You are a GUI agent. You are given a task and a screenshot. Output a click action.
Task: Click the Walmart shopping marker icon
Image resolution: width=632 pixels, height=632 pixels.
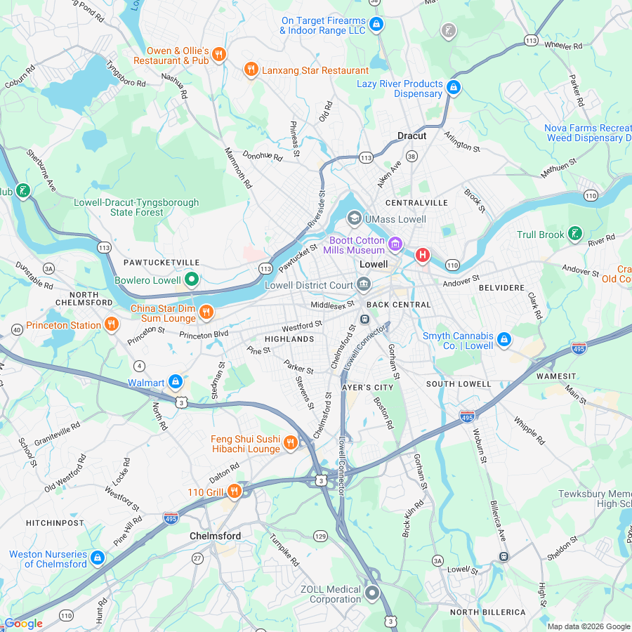176,382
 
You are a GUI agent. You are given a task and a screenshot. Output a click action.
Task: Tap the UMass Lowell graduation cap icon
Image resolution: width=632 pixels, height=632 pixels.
355,218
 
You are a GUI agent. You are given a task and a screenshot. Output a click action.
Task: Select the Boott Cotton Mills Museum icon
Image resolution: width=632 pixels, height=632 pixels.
396,244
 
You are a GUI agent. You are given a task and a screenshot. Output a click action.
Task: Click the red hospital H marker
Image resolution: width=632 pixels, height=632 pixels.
422,255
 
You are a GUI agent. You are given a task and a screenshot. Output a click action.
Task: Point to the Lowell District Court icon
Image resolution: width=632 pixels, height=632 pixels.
364,284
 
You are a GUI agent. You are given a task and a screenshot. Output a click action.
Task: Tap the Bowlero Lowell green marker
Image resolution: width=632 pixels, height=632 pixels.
191,280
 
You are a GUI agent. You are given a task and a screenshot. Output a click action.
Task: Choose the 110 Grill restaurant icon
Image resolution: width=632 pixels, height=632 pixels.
235,492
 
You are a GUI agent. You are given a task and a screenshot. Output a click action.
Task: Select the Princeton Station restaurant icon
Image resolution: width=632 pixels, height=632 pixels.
111,324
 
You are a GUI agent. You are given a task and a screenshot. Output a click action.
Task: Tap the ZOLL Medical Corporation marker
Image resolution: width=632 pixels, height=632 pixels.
372,593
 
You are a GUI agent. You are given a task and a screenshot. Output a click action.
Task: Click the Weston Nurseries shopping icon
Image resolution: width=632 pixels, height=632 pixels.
98,558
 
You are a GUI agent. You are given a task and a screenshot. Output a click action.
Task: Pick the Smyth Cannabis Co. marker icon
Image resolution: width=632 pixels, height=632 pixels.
503,341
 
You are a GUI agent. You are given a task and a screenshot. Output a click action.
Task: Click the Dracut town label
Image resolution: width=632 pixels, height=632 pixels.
412,136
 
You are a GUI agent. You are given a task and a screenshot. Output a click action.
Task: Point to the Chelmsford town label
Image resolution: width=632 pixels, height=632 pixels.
215,536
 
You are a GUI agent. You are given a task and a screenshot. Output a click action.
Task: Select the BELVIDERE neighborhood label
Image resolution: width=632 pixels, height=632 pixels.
501,288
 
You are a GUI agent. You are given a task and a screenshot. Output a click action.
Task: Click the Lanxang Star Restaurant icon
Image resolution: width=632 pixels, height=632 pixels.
251,70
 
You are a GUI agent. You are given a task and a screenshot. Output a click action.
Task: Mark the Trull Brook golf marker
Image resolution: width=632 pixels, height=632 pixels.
575,234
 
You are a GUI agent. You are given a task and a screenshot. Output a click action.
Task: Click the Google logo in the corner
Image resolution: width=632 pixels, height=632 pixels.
23,623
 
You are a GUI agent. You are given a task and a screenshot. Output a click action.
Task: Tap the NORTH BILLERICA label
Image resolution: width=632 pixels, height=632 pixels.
487,612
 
